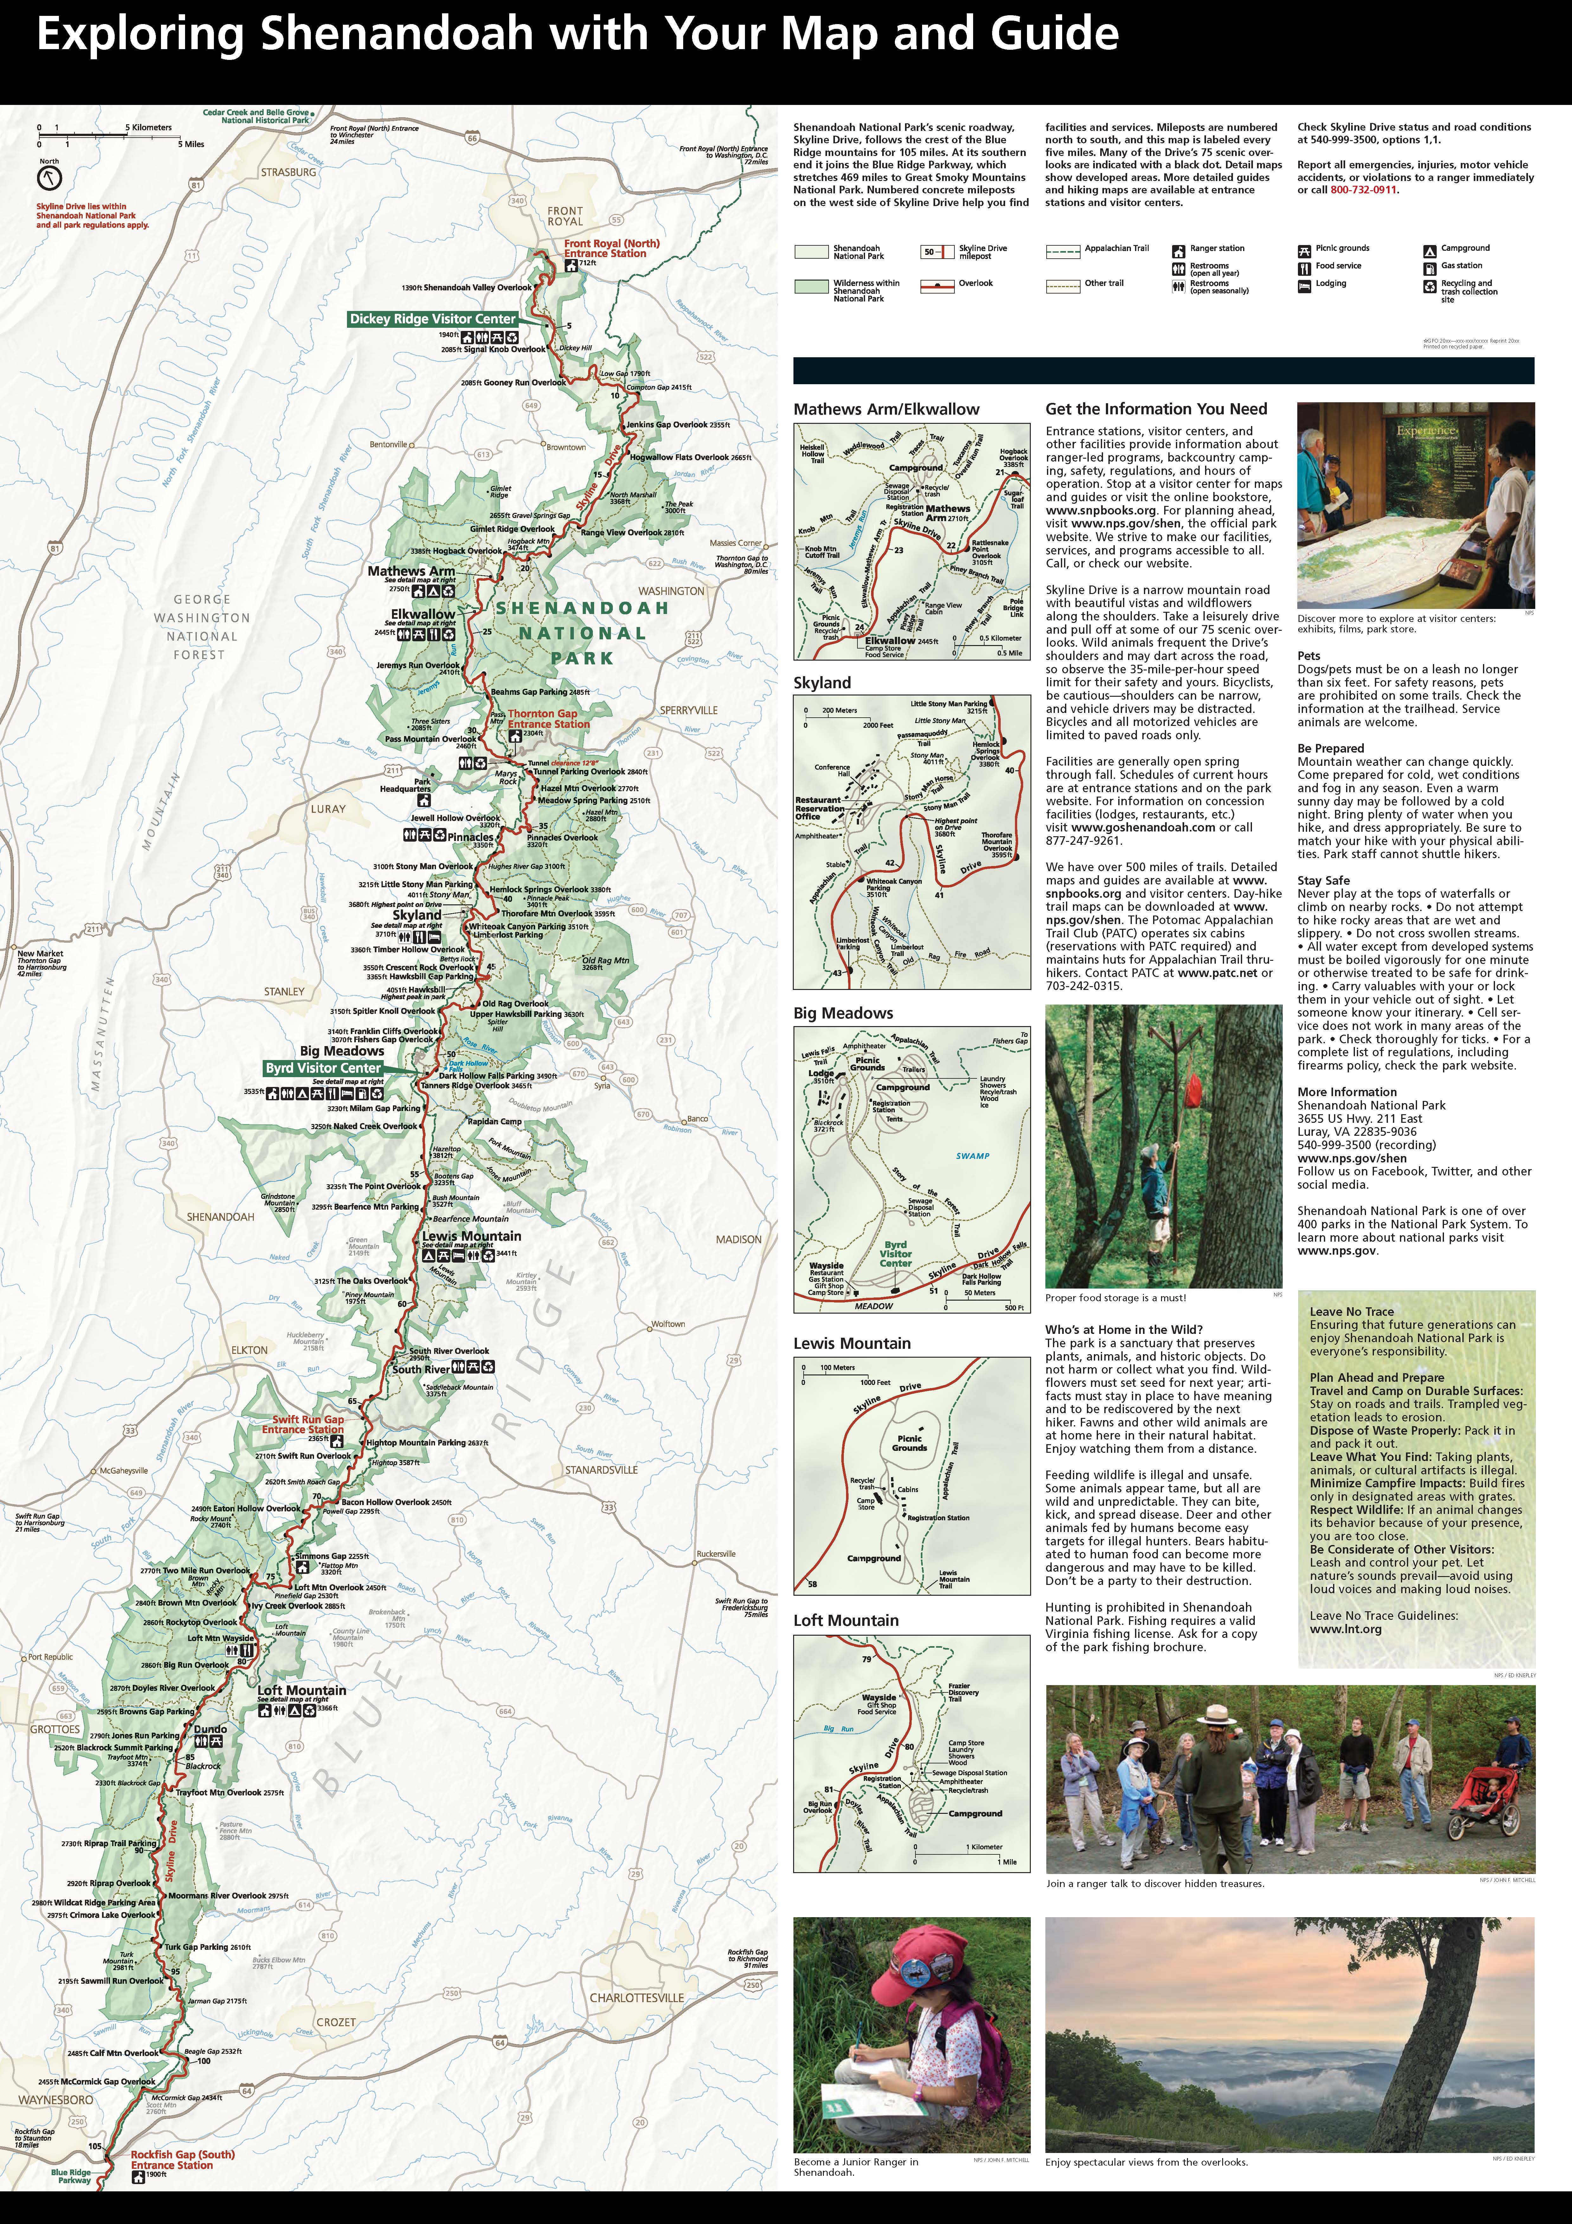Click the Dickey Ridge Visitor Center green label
[433, 319]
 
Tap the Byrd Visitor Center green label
[324, 1067]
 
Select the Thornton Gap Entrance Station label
[548, 719]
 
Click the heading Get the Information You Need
[1156, 409]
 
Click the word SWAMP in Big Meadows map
[972, 1156]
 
